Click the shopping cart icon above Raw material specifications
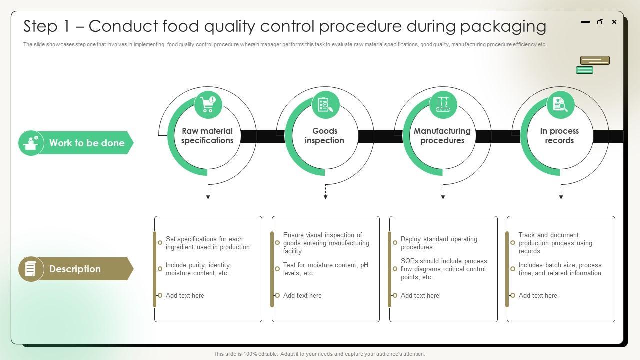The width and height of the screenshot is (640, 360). click(x=208, y=104)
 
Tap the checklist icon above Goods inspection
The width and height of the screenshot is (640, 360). click(x=325, y=104)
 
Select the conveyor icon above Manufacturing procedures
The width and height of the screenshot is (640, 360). click(x=443, y=104)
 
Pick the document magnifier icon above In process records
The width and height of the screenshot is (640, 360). click(x=560, y=104)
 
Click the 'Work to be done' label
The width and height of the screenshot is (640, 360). click(x=87, y=143)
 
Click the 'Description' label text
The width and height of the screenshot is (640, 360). click(x=75, y=269)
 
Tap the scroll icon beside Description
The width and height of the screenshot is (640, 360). click(x=30, y=269)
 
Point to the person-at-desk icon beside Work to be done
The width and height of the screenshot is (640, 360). click(x=31, y=143)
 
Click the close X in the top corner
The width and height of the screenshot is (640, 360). click(x=614, y=22)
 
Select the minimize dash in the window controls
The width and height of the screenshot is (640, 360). click(x=585, y=22)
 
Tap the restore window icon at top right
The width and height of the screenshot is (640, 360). click(x=600, y=22)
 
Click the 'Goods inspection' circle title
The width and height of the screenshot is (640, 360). click(x=325, y=135)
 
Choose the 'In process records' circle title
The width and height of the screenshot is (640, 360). click(x=559, y=135)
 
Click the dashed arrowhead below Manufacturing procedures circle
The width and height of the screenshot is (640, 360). click(x=443, y=197)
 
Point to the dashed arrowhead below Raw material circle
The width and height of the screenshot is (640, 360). click(x=208, y=197)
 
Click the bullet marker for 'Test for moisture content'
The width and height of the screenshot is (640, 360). click(x=277, y=269)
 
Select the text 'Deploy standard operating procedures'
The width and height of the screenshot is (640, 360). click(x=439, y=243)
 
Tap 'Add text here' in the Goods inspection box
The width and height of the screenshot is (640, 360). click(x=302, y=295)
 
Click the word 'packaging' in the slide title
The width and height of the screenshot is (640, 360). click(x=503, y=27)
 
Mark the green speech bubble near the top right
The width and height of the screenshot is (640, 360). click(x=584, y=70)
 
